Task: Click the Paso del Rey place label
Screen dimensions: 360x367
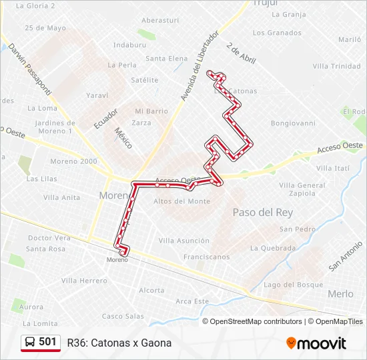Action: pyautogui.click(x=263, y=213)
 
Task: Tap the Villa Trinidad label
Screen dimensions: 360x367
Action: pyautogui.click(x=336, y=66)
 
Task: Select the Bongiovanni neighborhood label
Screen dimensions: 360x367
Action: pyautogui.click(x=293, y=123)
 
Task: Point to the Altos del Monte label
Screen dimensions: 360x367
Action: pyautogui.click(x=181, y=201)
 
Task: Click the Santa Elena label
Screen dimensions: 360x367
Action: pyautogui.click(x=167, y=59)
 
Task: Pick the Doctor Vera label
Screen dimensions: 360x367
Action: pyautogui.click(x=49, y=238)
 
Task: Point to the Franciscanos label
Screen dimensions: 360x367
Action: pyautogui.click(x=206, y=257)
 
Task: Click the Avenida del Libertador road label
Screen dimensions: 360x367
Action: pyautogui.click(x=200, y=67)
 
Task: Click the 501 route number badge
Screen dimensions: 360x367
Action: pyautogui.click(x=47, y=342)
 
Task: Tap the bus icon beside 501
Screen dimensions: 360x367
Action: pyautogui.click(x=30, y=343)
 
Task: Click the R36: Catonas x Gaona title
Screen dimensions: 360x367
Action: pyautogui.click(x=119, y=343)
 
